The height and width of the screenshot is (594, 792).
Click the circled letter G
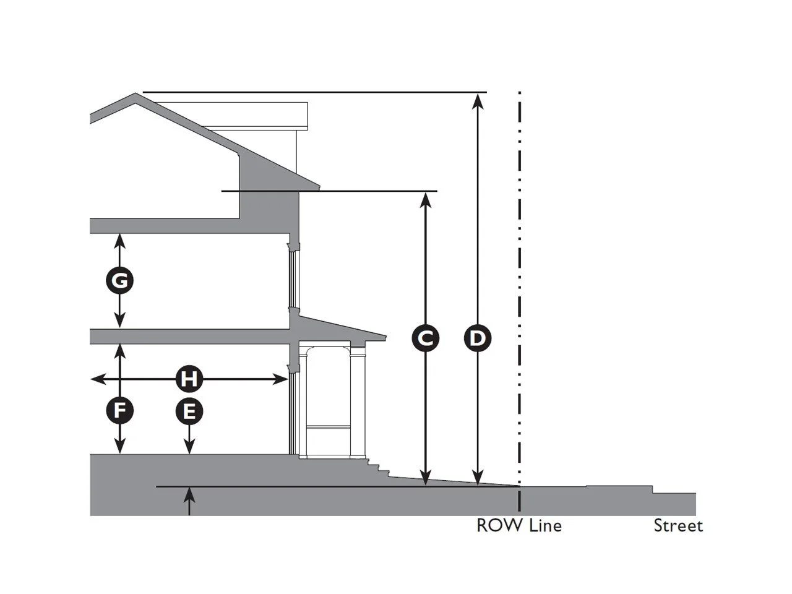pyautogui.click(x=120, y=281)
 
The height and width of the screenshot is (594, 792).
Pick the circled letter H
pyautogui.click(x=189, y=379)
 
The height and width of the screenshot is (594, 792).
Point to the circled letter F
pyautogui.click(x=120, y=410)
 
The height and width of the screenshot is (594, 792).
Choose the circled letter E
pyautogui.click(x=189, y=411)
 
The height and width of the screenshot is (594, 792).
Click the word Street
pyautogui.click(x=678, y=526)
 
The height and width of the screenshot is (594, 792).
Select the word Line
pyautogui.click(x=546, y=525)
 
